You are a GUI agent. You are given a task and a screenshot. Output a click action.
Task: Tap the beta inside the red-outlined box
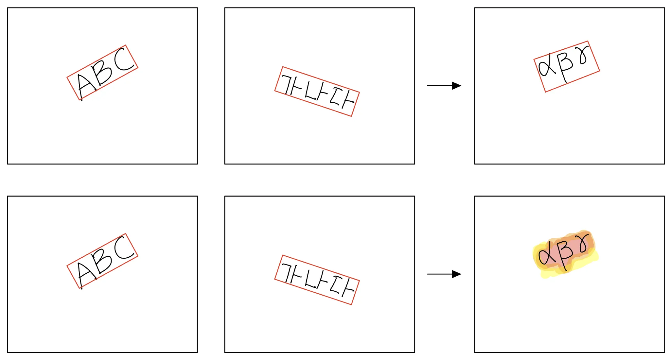coord(565,65)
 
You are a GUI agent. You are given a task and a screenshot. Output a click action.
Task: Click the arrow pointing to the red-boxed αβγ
coord(444,86)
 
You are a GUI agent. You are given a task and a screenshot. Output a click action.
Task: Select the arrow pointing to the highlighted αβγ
coord(444,274)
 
